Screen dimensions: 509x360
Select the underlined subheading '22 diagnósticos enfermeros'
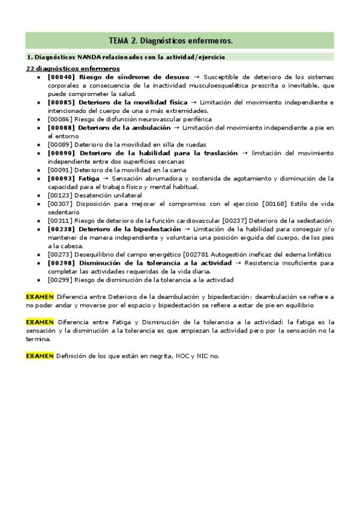72,69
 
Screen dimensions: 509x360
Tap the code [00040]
61,77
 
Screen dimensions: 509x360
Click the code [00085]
61,103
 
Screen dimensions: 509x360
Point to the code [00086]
60,119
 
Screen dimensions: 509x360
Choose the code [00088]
61,128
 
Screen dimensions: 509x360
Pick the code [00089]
60,145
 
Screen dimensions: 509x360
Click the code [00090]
61,153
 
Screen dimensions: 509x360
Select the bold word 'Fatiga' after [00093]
89,178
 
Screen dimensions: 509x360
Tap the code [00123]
60,196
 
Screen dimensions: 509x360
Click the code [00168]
275,204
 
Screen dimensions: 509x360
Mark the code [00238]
61,229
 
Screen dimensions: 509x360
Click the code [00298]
61,263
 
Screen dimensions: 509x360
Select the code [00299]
60,280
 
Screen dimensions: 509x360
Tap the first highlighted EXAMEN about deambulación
40,297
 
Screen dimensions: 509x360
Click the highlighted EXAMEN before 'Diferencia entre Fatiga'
40,322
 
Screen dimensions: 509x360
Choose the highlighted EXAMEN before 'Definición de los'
40,356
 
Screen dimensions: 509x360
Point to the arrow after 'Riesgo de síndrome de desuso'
196,77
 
